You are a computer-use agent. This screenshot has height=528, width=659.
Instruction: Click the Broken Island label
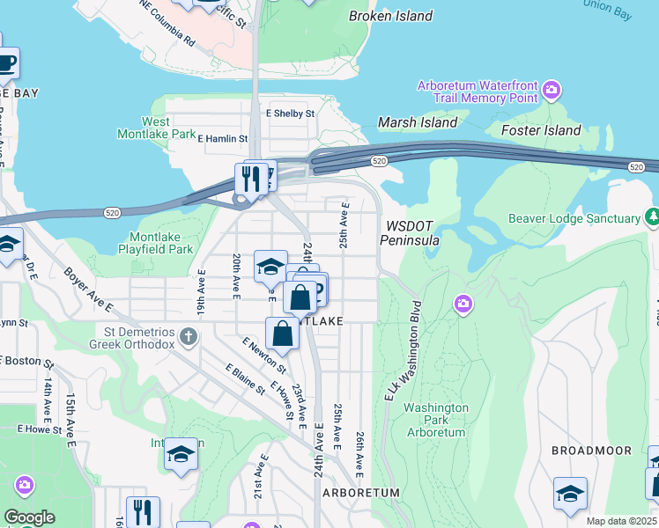[x=390, y=16]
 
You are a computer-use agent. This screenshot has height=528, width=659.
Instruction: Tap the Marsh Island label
[x=418, y=122]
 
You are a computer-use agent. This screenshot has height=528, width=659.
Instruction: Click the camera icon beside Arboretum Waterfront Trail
[x=552, y=89]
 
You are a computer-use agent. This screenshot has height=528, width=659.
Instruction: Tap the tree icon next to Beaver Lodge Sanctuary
[x=652, y=217]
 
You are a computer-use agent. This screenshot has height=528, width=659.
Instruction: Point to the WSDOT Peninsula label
[x=411, y=231]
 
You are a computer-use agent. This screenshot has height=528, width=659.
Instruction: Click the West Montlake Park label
[x=156, y=128]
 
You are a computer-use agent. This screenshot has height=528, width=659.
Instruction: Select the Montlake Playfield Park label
[x=149, y=243]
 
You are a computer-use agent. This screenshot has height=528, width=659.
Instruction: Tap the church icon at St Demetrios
[x=188, y=336]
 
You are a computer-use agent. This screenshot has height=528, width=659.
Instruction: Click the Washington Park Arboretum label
[x=435, y=420]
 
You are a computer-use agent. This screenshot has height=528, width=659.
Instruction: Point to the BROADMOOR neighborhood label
[x=591, y=451]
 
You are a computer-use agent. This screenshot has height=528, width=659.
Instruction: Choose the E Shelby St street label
[x=290, y=114]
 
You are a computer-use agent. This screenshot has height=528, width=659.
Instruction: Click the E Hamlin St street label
[x=222, y=138]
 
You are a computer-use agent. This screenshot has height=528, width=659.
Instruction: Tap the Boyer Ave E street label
[x=87, y=290]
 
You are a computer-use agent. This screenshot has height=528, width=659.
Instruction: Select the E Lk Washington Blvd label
[x=403, y=352]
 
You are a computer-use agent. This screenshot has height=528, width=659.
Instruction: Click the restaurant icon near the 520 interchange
[x=251, y=179]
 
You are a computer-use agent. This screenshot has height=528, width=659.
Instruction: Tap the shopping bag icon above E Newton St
[x=282, y=334]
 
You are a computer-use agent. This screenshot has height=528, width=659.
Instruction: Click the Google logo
[x=30, y=518]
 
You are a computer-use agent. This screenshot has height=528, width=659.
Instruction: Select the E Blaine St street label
[x=245, y=379]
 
